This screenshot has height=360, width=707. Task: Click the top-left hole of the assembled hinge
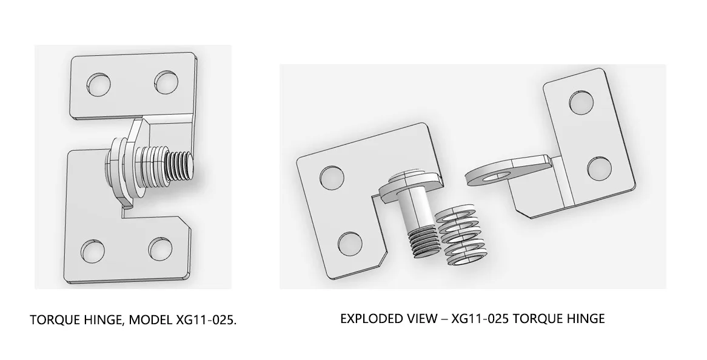click(x=99, y=84)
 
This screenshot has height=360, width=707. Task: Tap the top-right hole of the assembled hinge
click(x=166, y=82)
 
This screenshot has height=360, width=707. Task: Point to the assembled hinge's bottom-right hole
click(x=161, y=249)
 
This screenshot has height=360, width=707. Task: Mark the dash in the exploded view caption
click(x=444, y=319)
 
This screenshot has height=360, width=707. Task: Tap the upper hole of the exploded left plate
click(x=332, y=177)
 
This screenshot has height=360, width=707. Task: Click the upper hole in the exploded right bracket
click(x=581, y=102)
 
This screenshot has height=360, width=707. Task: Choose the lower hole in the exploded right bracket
click(x=600, y=169)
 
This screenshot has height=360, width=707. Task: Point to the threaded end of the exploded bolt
click(x=423, y=242)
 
